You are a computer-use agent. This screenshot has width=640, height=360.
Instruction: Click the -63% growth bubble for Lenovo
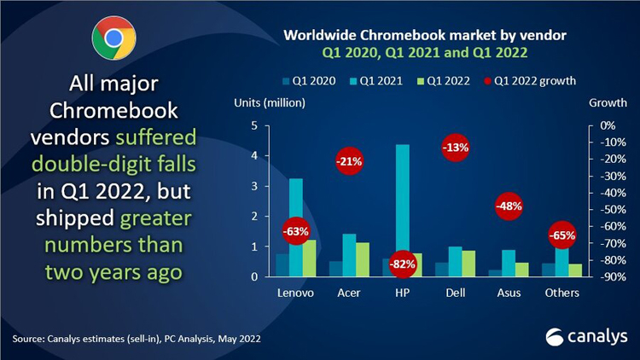295,231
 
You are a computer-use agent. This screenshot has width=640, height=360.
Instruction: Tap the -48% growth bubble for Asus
509,206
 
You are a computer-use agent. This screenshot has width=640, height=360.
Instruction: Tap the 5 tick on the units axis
255,125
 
